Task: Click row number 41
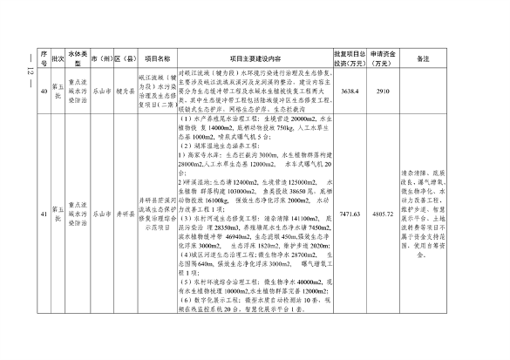click(42, 212)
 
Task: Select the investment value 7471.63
click(350, 212)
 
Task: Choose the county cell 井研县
click(125, 212)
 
